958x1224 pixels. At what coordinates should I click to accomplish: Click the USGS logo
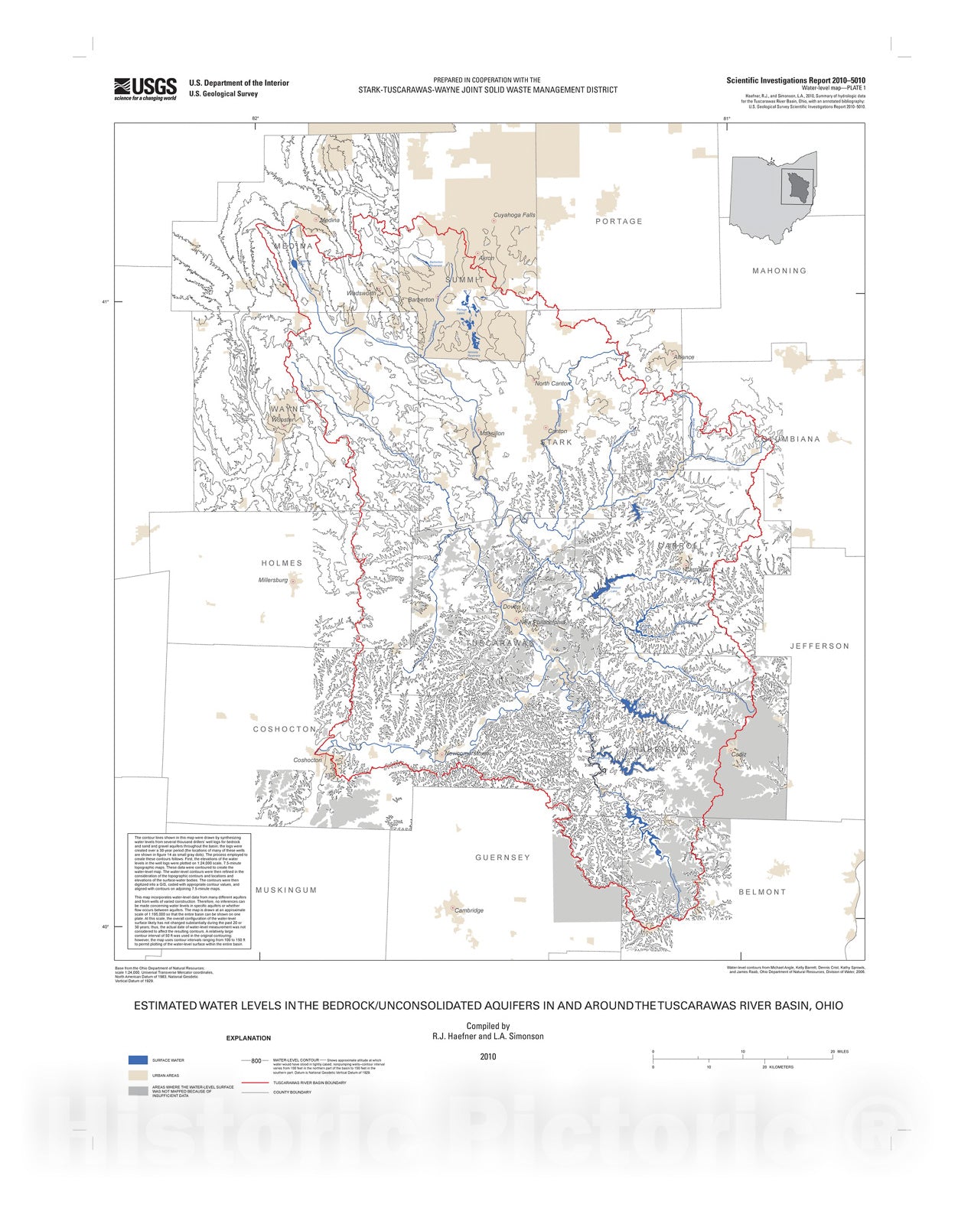tap(145, 89)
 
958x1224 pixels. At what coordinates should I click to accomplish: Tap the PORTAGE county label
tap(619, 221)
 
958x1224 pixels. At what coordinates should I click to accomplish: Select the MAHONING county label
tap(779, 271)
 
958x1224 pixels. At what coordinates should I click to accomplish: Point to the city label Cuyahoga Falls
tap(514, 215)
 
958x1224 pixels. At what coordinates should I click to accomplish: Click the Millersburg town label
tap(273, 580)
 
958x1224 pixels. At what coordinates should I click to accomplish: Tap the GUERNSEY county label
tap(502, 858)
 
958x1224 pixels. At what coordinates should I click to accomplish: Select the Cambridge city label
tap(469, 910)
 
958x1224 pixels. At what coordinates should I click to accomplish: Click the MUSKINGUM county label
tap(286, 890)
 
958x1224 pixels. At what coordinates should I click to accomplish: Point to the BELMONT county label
tap(762, 892)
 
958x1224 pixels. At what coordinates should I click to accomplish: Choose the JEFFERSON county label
tap(820, 646)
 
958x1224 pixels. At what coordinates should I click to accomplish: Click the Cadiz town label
tap(738, 754)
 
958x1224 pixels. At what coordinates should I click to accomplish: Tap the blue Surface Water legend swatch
tap(138, 1060)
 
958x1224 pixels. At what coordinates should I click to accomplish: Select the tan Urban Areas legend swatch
tap(138, 1076)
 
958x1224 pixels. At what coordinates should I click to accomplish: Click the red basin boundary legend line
tap(256, 1083)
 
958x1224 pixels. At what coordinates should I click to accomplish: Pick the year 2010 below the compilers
tap(488, 1056)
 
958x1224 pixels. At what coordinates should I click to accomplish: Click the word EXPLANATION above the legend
tap(248, 1038)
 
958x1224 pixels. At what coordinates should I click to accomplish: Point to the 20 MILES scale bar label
tap(839, 1052)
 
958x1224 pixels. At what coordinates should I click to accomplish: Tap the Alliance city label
tap(684, 357)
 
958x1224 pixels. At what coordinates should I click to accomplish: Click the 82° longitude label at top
tap(256, 118)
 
